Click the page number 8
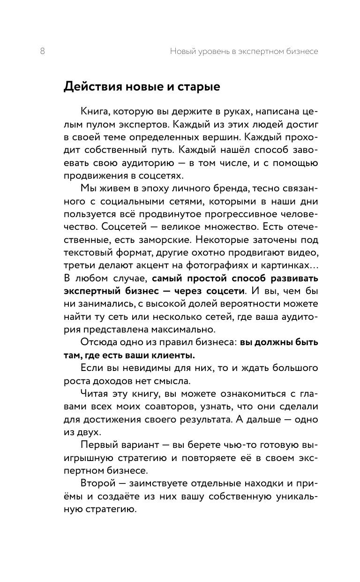point(43,52)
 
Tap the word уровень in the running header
point(213,52)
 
